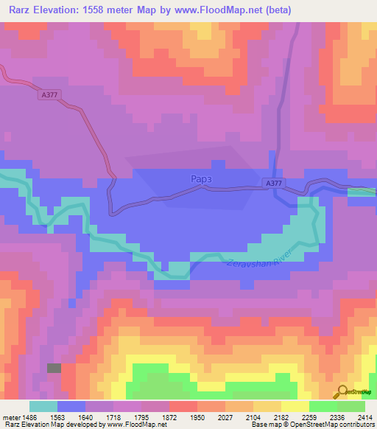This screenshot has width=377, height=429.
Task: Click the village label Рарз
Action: [202, 178]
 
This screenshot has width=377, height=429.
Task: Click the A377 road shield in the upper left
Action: [49, 94]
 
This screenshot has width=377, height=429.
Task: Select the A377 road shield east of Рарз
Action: [273, 182]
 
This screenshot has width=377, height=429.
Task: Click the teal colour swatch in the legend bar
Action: [43, 406]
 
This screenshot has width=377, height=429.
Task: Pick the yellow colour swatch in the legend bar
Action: [295, 406]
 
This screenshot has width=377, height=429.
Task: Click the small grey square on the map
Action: [54, 367]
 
